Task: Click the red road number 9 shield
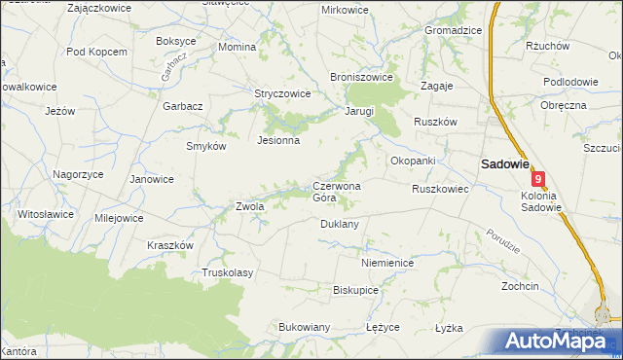(538, 179)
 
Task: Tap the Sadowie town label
(502, 165)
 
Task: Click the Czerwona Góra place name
(336, 192)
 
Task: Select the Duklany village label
(340, 224)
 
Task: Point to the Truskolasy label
(227, 272)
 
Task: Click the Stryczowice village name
(282, 94)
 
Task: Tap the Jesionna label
(277, 140)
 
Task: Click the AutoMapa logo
(558, 341)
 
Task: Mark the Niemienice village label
(387, 263)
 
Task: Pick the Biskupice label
(355, 290)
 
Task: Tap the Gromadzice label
(453, 30)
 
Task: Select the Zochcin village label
(520, 287)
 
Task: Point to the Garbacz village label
(182, 106)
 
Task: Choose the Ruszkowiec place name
(440, 189)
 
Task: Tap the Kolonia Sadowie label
(535, 200)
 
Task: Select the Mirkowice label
(346, 10)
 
